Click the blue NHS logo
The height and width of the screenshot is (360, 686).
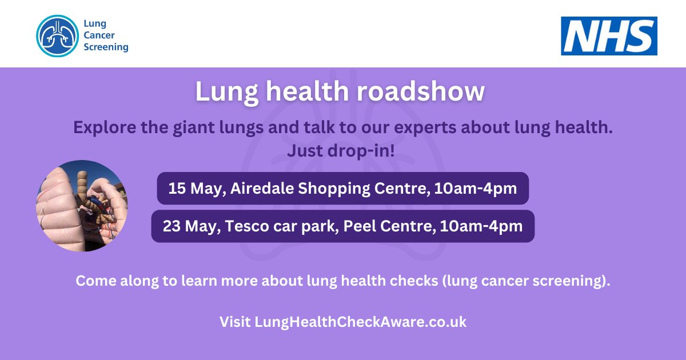[x=609, y=35]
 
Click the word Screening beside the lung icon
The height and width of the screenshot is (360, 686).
[x=106, y=47]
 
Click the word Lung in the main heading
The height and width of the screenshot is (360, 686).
[x=221, y=91]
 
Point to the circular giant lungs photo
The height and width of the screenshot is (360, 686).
[x=82, y=206]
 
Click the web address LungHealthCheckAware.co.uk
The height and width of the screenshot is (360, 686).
[x=361, y=322]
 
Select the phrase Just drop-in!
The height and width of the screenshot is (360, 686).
[x=342, y=151]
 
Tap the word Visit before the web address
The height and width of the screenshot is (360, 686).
[x=235, y=322]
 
